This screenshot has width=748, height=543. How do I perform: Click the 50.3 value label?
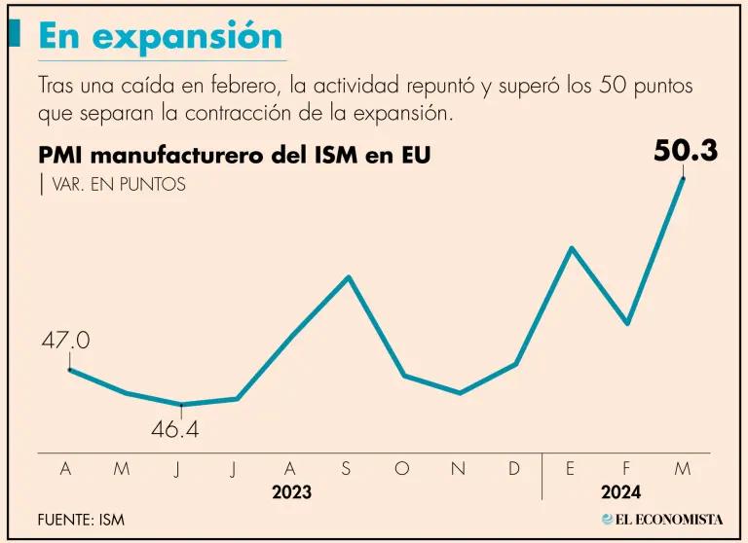(686, 152)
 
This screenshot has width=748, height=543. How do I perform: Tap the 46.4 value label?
(175, 429)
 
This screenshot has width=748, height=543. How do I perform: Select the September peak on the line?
(349, 277)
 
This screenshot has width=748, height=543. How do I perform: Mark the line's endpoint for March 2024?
(683, 179)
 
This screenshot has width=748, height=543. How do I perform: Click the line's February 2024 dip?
(628, 323)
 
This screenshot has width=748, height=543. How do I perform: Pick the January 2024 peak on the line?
(573, 248)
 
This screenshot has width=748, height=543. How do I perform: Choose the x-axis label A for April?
(65, 469)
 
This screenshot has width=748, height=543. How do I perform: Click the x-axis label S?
(346, 469)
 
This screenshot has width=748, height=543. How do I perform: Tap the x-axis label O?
(402, 469)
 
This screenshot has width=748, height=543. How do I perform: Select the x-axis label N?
(458, 469)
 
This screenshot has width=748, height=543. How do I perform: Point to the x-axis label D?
(514, 469)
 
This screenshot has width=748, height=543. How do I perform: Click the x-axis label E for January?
(571, 469)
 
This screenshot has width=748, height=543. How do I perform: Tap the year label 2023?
(291, 492)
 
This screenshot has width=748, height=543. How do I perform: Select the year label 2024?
(620, 492)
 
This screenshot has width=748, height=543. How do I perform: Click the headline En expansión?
(161, 36)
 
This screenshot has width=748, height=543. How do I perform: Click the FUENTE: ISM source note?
(81, 520)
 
